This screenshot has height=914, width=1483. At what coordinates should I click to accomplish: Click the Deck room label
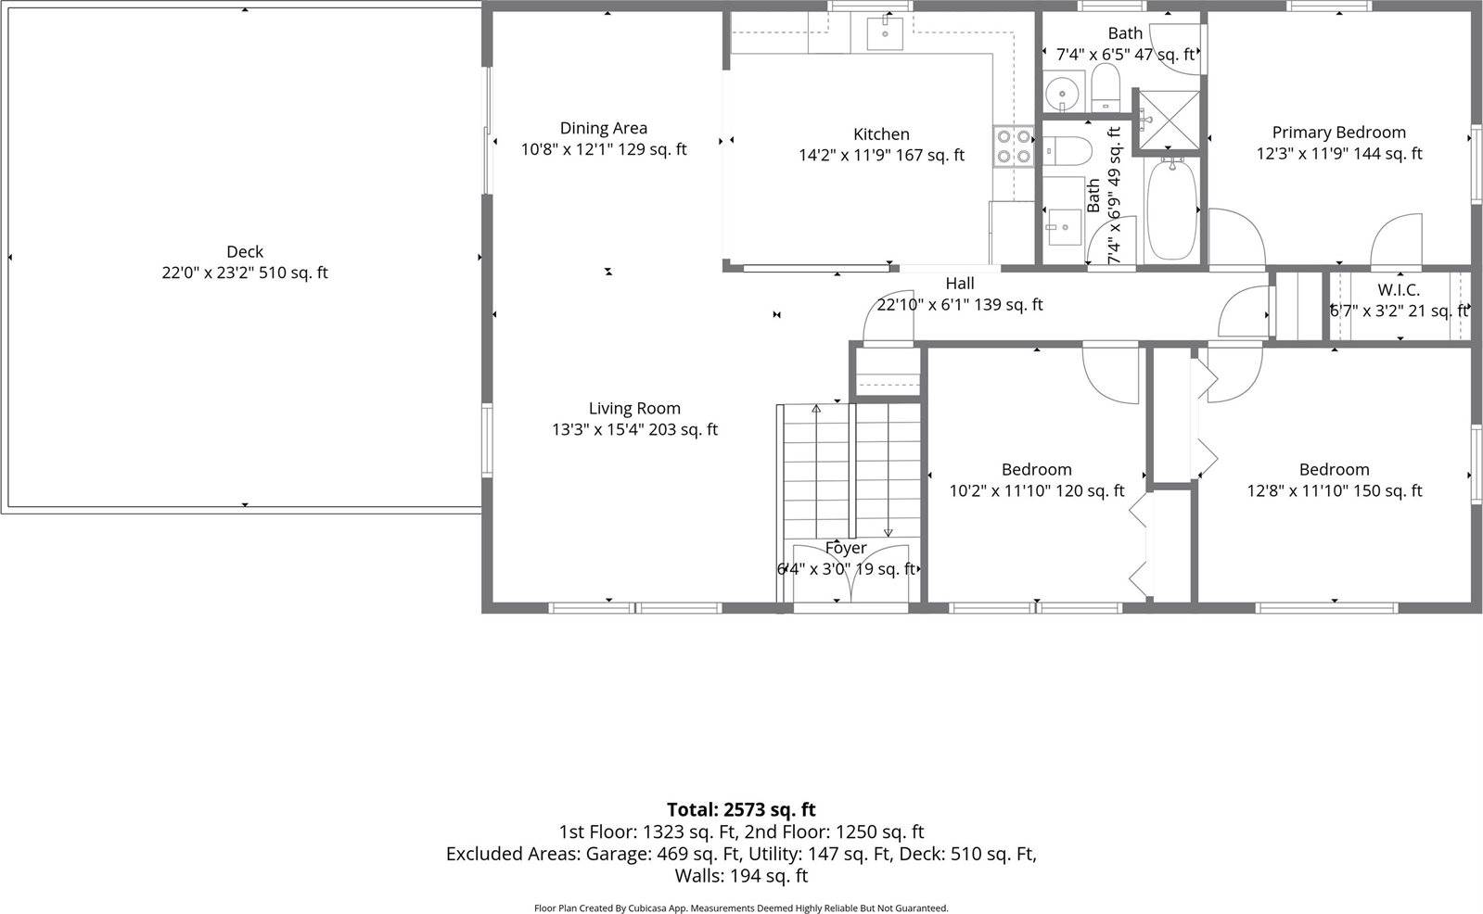click(x=245, y=251)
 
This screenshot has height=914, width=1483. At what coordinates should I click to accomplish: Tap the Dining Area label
click(x=603, y=128)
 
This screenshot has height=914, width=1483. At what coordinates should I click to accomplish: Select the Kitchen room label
click(x=881, y=134)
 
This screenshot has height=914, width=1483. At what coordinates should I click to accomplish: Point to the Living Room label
click(x=634, y=408)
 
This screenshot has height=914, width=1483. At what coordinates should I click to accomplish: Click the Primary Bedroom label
click(x=1338, y=133)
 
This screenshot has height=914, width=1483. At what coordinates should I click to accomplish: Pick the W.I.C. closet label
click(x=1398, y=290)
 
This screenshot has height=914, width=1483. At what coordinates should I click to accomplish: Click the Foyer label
click(x=846, y=548)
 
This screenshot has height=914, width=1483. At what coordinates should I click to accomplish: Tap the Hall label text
click(x=960, y=284)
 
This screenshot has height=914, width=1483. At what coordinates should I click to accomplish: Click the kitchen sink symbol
click(x=885, y=33)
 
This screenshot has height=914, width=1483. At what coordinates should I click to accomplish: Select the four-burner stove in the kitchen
click(x=1013, y=146)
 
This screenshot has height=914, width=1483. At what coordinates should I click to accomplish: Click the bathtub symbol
click(x=1172, y=209)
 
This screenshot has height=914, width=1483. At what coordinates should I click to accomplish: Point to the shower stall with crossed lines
click(x=1169, y=119)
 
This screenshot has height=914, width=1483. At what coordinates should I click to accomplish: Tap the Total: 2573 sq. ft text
click(x=741, y=809)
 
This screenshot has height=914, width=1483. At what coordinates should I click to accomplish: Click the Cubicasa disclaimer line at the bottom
click(x=741, y=908)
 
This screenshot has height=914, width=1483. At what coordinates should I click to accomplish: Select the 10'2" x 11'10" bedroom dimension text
click(x=1036, y=490)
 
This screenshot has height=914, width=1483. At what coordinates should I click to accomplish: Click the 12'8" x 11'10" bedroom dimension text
click(x=1334, y=490)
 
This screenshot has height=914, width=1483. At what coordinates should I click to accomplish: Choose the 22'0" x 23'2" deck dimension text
click(x=245, y=273)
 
